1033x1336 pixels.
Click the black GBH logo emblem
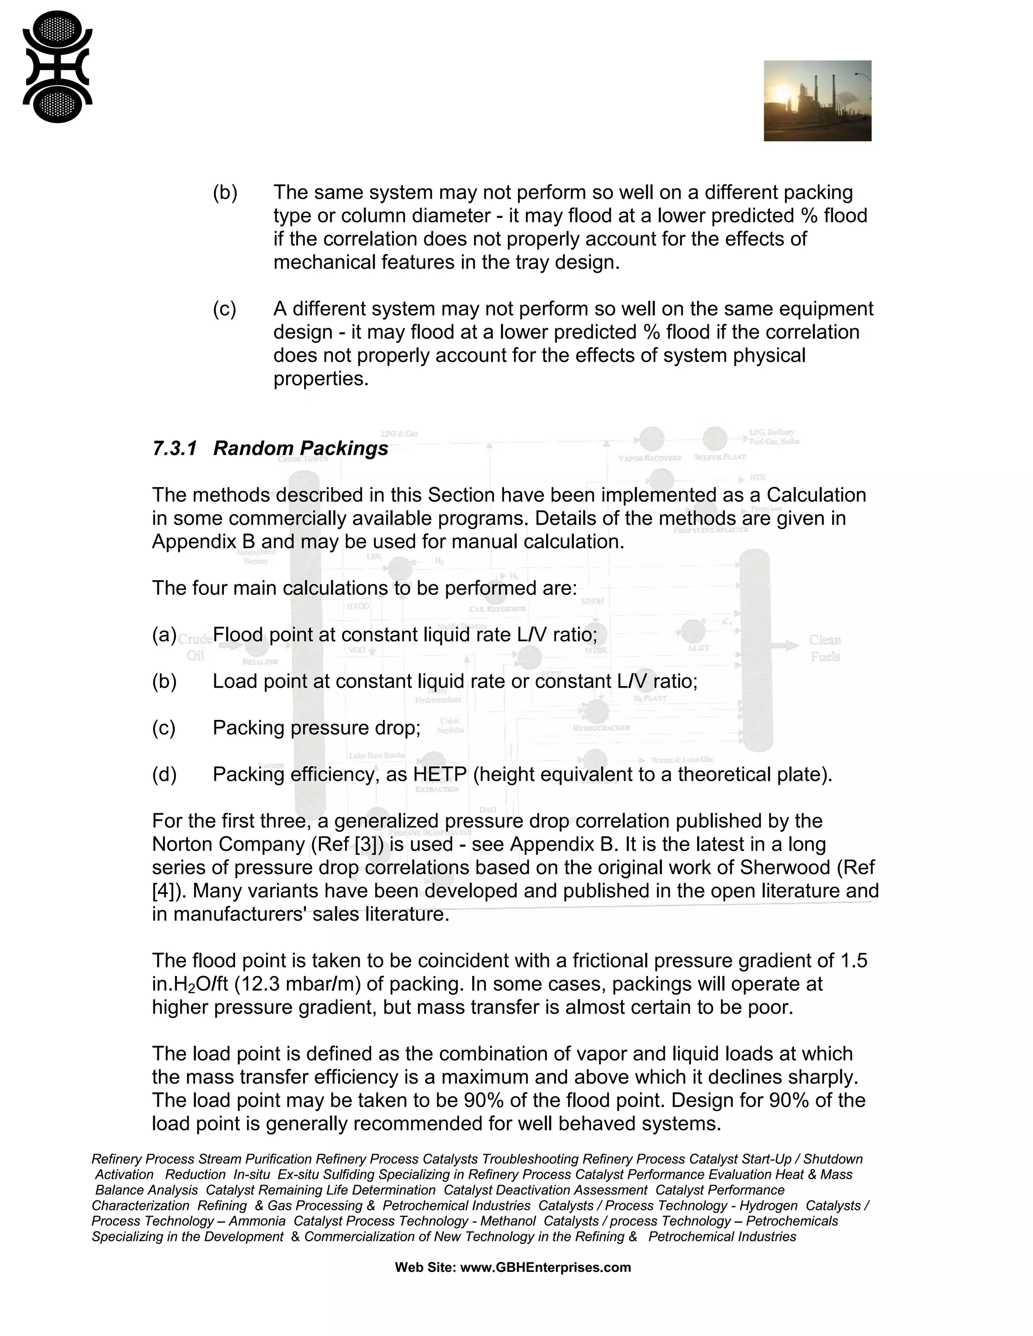coord(58,67)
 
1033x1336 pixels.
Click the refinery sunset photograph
coord(817,100)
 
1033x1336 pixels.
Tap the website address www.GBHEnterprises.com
coord(545,1267)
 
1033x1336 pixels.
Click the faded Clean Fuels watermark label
coord(824,648)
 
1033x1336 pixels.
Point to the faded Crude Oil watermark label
coord(196,647)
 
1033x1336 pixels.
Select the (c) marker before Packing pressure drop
coord(163,728)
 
